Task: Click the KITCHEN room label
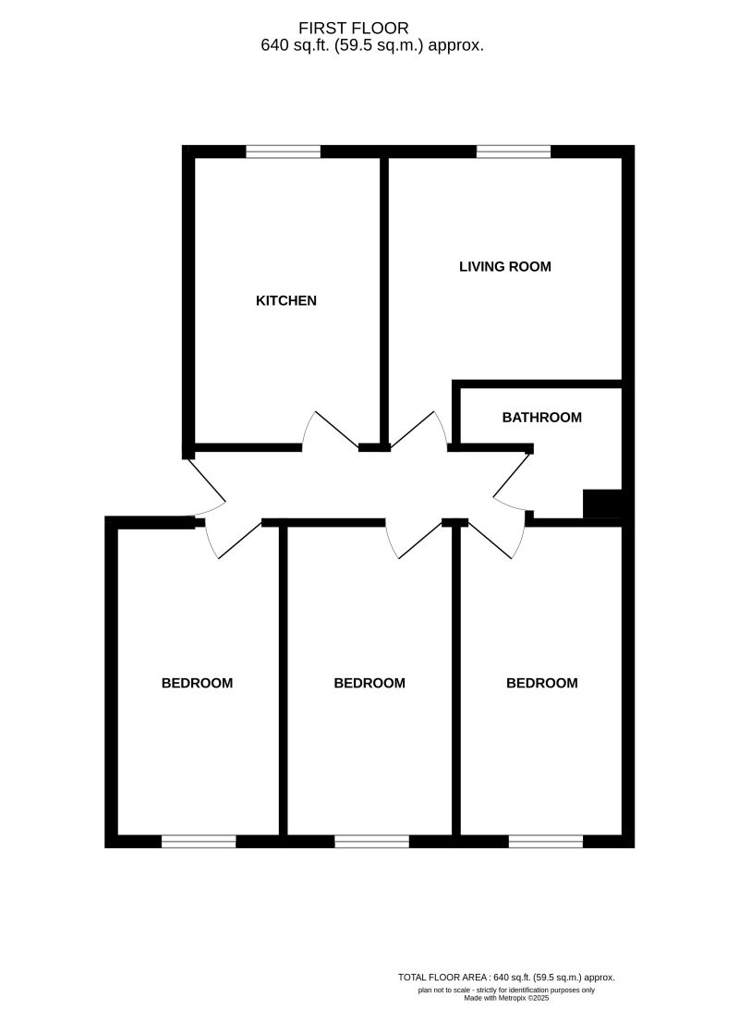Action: (x=286, y=300)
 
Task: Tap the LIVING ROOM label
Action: (x=505, y=267)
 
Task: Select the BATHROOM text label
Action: (x=542, y=418)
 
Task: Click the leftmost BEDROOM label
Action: (x=197, y=684)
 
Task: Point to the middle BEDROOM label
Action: (x=369, y=684)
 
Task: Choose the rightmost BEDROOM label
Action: (x=542, y=684)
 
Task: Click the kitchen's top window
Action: (x=283, y=152)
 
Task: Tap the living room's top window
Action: (x=514, y=152)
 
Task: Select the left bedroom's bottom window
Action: (x=199, y=841)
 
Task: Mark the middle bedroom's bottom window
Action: (x=371, y=841)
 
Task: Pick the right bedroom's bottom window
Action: (x=545, y=841)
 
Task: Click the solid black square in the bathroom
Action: (x=602, y=505)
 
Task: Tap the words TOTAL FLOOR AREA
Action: (x=444, y=977)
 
